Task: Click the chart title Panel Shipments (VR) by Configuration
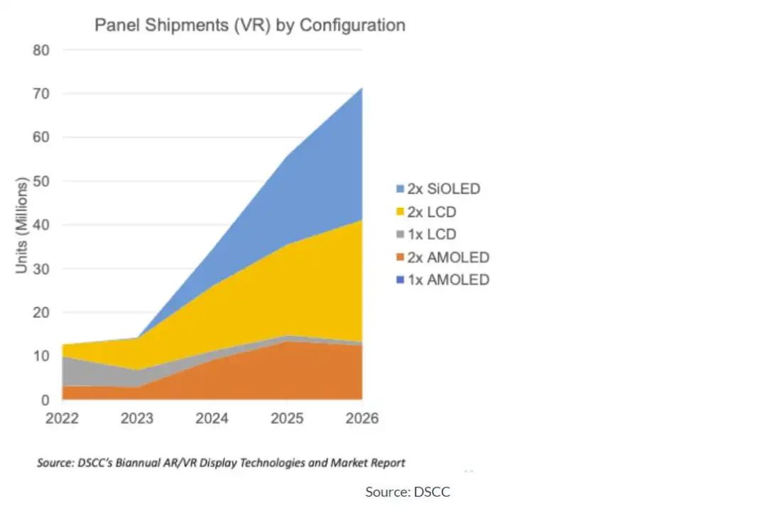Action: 250,26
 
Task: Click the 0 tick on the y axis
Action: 44,400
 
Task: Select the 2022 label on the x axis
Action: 62,419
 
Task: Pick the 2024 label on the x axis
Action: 212,419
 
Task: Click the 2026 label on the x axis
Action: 361,419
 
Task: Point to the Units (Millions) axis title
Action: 23,226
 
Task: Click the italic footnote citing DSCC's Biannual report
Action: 221,463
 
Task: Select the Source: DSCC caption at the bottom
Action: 408,491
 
